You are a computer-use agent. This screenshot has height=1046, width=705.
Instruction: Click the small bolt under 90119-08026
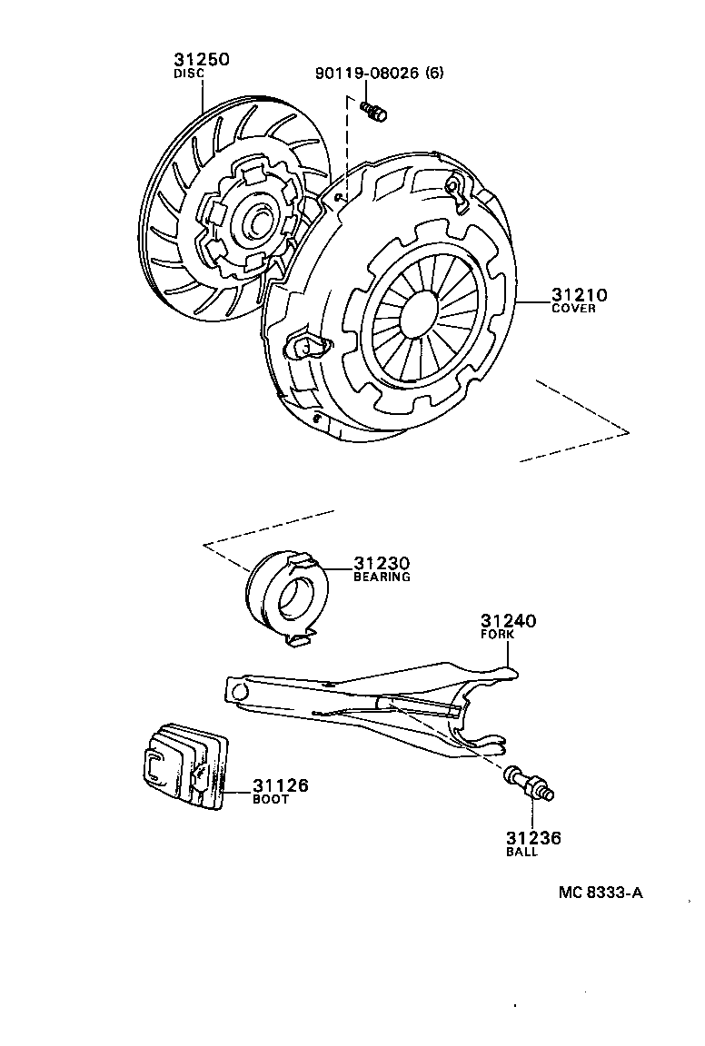(372, 112)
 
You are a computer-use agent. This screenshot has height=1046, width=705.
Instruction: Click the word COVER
(573, 309)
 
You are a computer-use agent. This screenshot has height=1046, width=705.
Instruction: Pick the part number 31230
(382, 563)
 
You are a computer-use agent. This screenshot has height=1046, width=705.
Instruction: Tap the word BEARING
(382, 577)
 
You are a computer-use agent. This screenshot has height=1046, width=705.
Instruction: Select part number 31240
(508, 621)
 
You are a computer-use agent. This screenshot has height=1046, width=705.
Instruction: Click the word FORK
(497, 635)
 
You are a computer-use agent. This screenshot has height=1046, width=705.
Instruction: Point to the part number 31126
(280, 785)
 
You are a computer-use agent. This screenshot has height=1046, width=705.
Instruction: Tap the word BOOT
(270, 799)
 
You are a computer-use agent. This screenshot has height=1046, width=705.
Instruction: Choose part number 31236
(533, 838)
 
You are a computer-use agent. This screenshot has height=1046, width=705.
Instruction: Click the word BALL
(521, 852)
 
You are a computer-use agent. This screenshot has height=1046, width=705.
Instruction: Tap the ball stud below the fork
(531, 784)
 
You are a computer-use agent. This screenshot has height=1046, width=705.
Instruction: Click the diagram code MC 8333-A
(601, 893)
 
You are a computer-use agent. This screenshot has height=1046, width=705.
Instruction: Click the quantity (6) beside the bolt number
(434, 73)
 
